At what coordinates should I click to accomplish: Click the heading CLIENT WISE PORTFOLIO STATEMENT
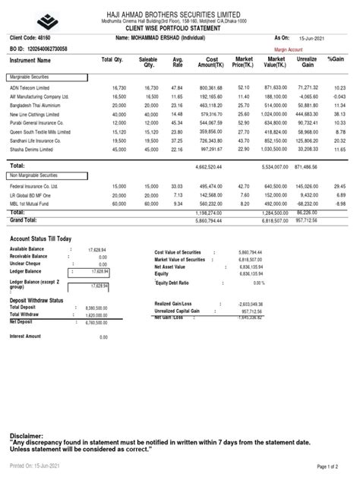click(x=180, y=27)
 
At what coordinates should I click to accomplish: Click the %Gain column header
click(x=336, y=58)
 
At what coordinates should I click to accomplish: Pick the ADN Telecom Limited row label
click(x=31, y=87)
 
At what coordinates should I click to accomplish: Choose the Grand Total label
click(x=24, y=219)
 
